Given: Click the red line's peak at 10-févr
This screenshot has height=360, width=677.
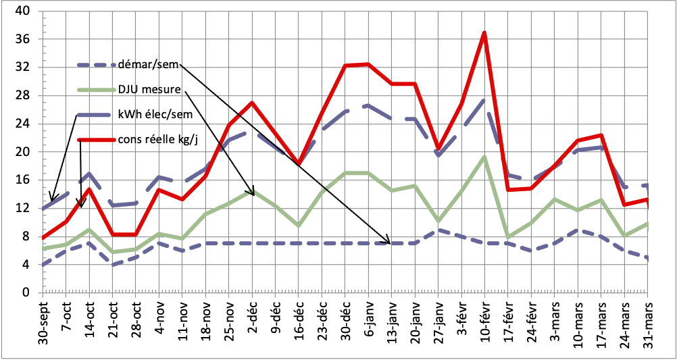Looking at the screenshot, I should click(x=484, y=32).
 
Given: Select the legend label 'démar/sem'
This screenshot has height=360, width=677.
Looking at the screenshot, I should click(x=147, y=66).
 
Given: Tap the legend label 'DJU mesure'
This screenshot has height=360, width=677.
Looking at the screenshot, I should click(x=148, y=89).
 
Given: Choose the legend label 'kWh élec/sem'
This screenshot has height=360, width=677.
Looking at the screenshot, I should click(x=155, y=114).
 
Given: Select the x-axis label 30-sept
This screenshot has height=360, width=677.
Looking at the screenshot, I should click(x=41, y=324).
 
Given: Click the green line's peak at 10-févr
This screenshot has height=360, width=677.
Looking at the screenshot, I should click(x=484, y=157).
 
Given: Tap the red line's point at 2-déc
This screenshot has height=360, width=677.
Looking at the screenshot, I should click(x=251, y=103).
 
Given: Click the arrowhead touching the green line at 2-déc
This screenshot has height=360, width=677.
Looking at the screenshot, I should click(x=253, y=194).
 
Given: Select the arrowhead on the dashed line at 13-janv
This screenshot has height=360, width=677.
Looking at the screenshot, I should click(x=388, y=242).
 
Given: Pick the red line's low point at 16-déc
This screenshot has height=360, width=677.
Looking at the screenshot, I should click(x=298, y=164).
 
